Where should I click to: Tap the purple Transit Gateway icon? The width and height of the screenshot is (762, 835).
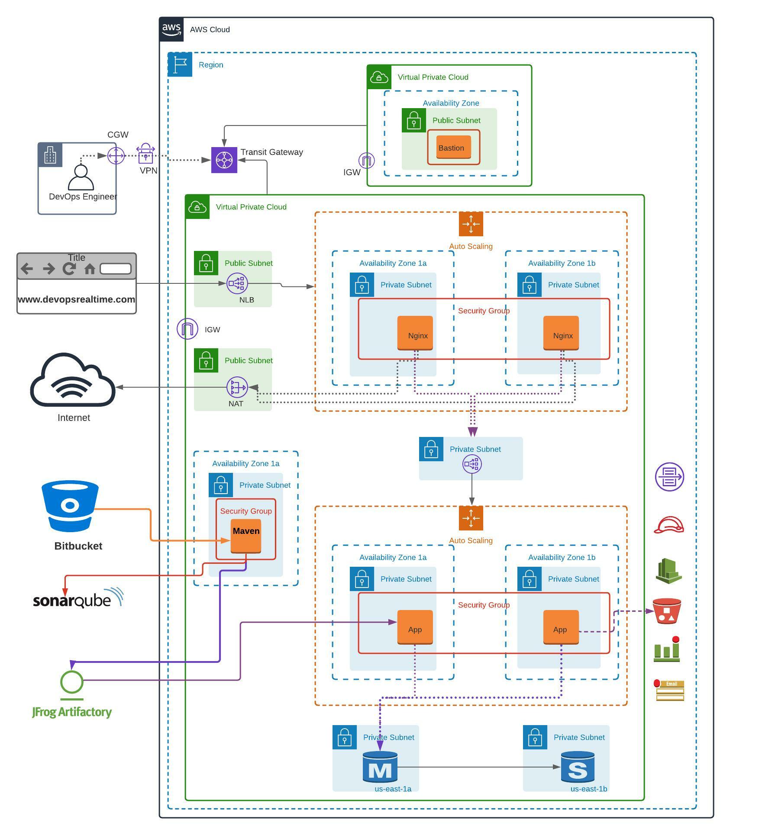point(224,160)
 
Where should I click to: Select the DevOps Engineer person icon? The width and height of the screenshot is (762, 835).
point(81,177)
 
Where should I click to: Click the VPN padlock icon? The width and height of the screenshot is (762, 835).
point(145,154)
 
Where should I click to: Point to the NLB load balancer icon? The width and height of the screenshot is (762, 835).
point(237,283)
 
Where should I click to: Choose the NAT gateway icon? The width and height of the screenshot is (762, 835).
point(237,387)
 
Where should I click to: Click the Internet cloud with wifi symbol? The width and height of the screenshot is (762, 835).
point(73,381)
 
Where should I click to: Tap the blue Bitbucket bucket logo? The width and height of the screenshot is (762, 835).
point(70,506)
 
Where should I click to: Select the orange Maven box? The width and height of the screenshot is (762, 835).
point(245,536)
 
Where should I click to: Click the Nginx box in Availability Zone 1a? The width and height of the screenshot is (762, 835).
point(415,333)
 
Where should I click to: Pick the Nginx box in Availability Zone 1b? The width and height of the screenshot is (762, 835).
point(561,333)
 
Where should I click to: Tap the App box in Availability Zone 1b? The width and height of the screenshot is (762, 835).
point(561,627)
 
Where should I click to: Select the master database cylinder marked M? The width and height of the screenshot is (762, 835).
point(380,767)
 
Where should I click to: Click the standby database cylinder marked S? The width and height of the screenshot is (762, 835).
point(578,767)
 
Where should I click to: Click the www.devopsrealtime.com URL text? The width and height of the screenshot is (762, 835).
point(76,299)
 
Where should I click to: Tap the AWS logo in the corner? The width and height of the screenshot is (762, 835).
point(171,29)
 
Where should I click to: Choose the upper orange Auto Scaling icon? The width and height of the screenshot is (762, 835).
point(471,224)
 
